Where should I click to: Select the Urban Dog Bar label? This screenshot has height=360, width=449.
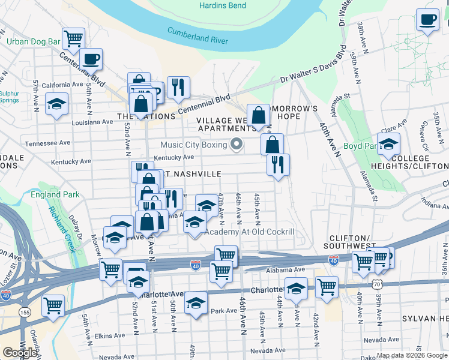(33, 42)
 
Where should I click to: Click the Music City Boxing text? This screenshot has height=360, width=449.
(193, 145)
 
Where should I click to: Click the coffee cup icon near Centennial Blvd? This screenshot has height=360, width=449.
(91, 59)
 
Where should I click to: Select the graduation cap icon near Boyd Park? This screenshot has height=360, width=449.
(389, 144)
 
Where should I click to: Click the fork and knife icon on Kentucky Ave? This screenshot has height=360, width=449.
(278, 165)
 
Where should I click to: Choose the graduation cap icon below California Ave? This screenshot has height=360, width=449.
(56, 104)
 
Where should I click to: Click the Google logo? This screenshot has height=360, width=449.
(19, 353)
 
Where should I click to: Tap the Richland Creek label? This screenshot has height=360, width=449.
(63, 229)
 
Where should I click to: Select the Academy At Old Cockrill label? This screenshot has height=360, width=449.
(250, 232)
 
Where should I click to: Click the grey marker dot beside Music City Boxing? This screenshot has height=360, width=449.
(237, 145)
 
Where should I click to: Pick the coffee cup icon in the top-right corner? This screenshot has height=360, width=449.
(427, 20)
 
